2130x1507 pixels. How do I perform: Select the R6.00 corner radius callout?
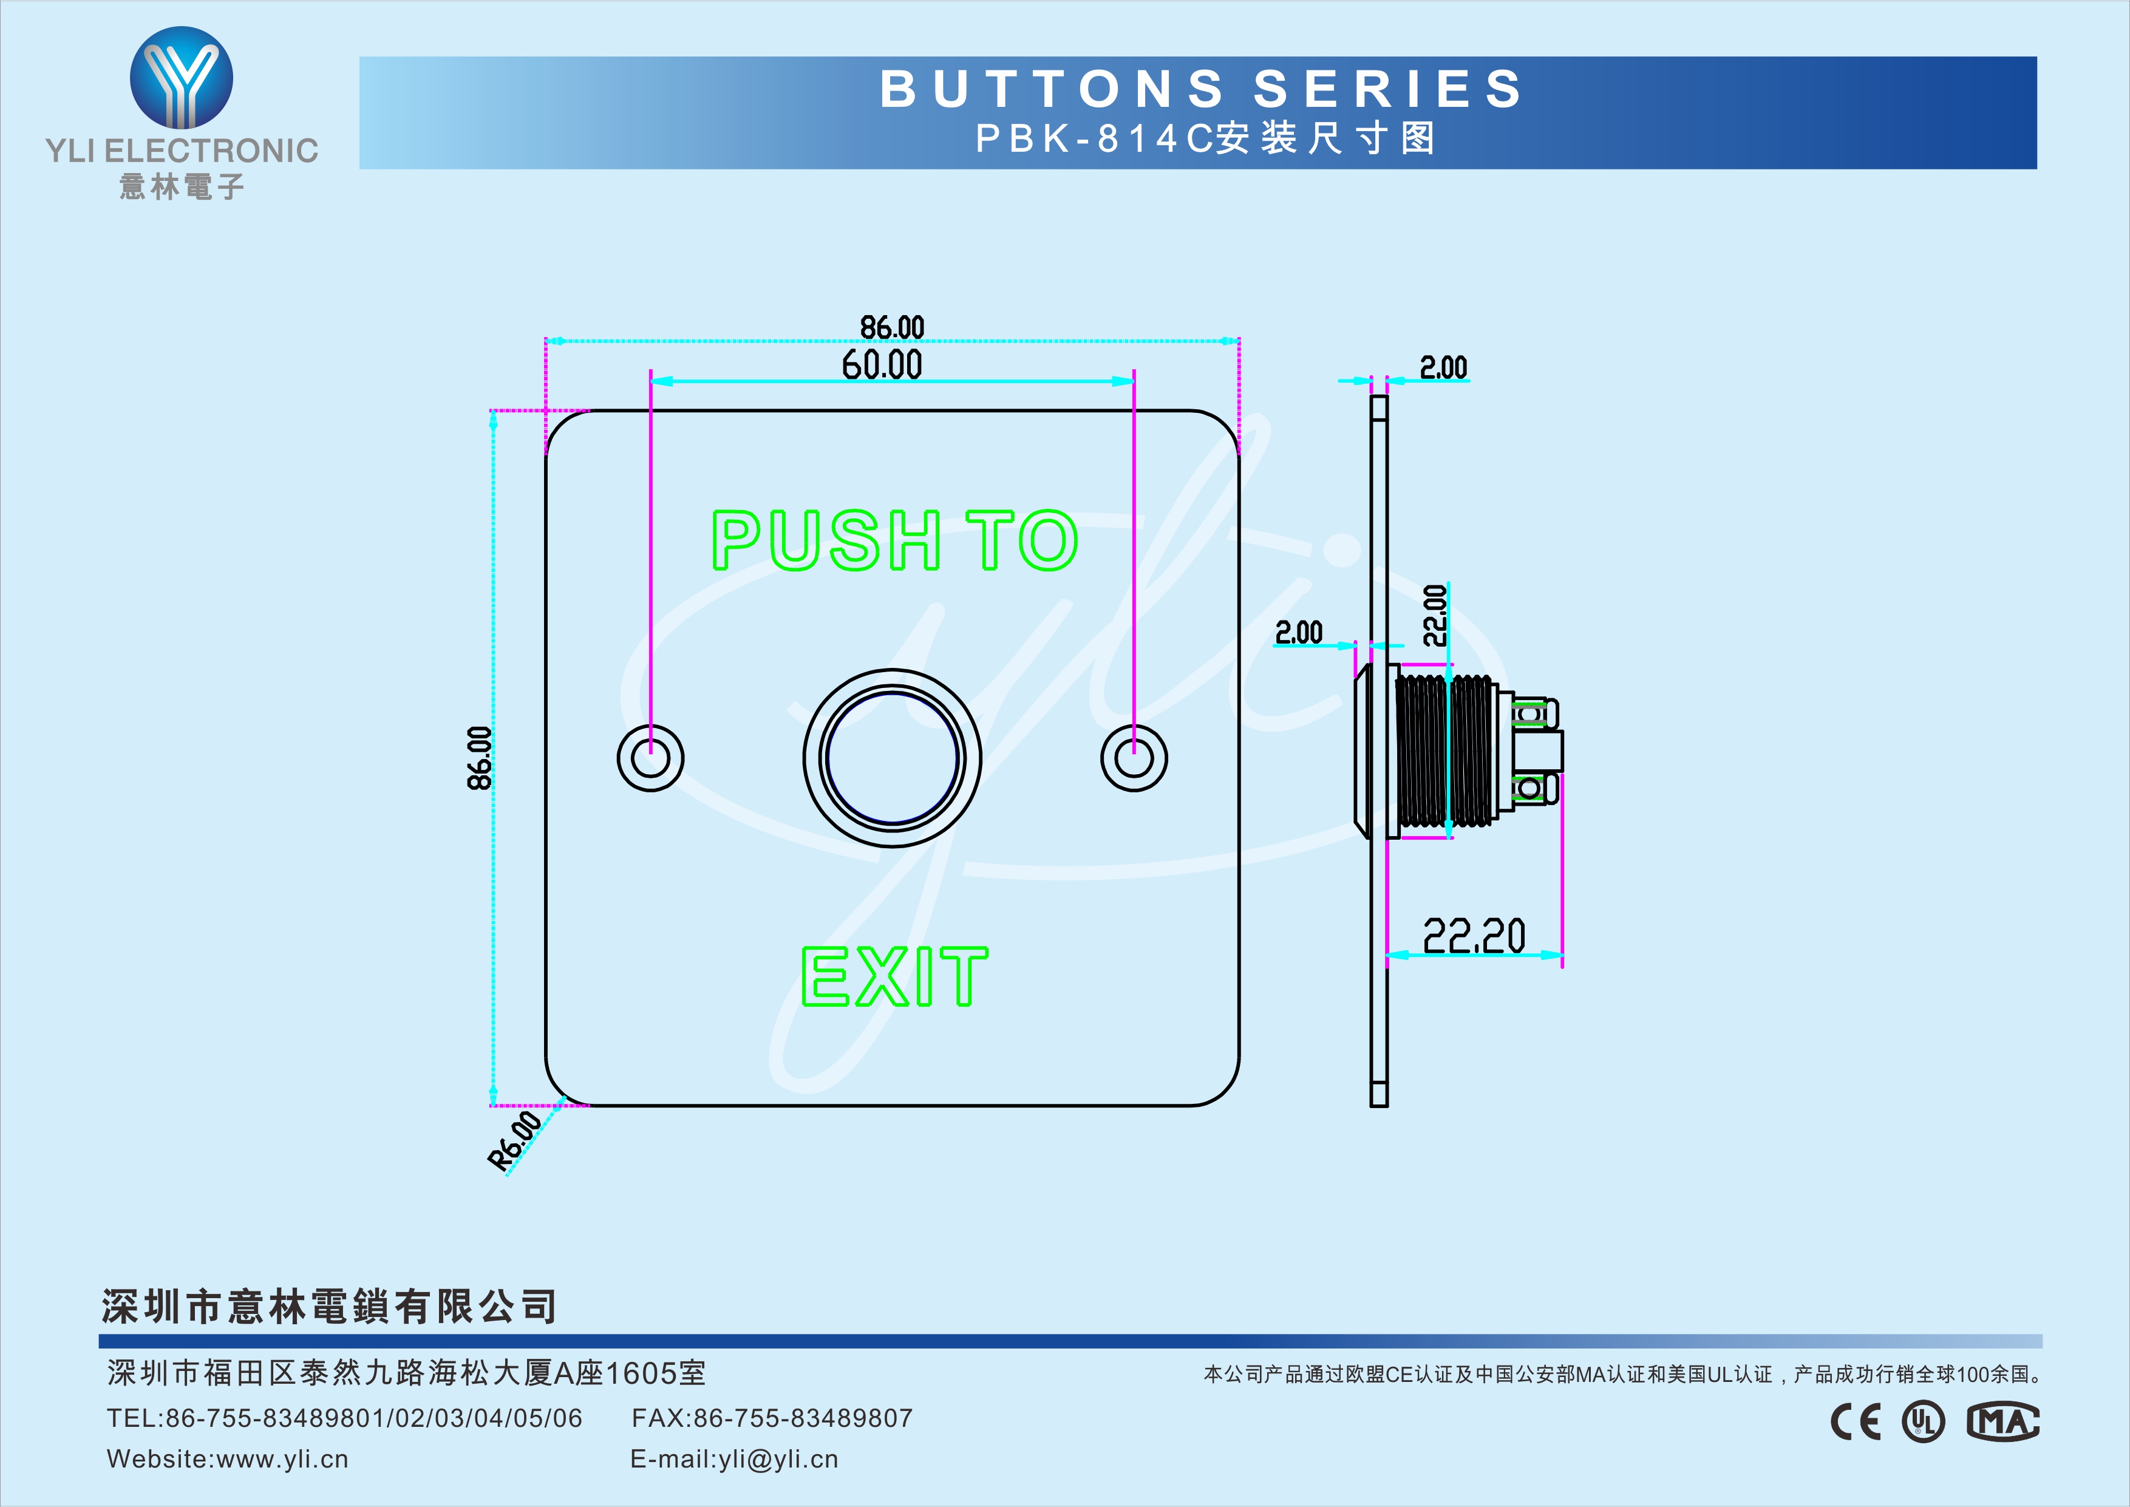(x=515, y=1140)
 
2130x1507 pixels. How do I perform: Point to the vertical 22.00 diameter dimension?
(x=1435, y=614)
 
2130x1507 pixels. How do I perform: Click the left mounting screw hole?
(x=650, y=757)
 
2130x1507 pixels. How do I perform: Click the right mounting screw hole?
(x=1134, y=757)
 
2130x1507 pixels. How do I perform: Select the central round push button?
(x=891, y=757)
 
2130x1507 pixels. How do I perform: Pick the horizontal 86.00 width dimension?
(x=891, y=327)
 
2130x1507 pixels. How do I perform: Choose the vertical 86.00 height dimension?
(x=478, y=757)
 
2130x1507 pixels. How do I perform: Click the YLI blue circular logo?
(x=181, y=78)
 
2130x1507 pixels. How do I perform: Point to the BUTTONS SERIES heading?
(x=1202, y=89)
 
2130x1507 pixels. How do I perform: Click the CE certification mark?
(x=1856, y=1421)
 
